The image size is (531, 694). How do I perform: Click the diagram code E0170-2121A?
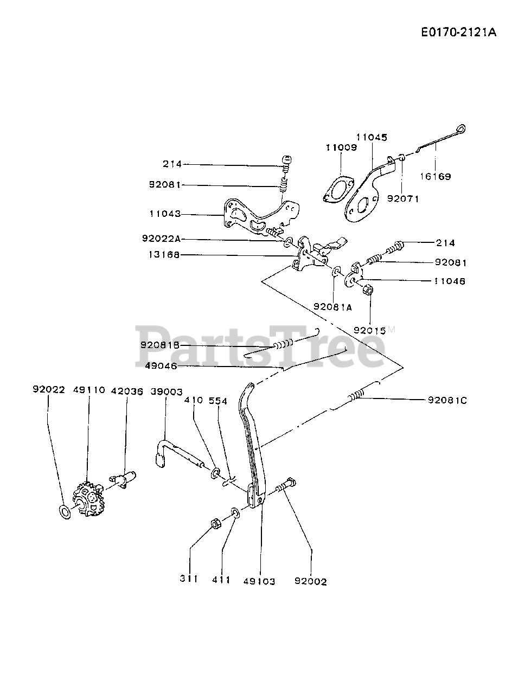[x=458, y=33]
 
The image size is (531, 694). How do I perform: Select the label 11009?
[x=341, y=147]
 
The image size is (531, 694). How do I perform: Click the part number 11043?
[x=165, y=214]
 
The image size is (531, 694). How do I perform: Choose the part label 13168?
[x=165, y=255]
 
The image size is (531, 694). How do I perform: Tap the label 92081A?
[x=332, y=307]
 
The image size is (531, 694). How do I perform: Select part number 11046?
[x=450, y=281]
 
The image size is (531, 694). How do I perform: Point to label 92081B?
[x=160, y=345]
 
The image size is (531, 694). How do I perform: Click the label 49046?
[x=161, y=366]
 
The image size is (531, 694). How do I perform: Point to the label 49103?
[x=258, y=581]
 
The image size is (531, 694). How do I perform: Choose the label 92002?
[x=311, y=581]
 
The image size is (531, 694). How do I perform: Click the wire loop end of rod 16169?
[x=462, y=129]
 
